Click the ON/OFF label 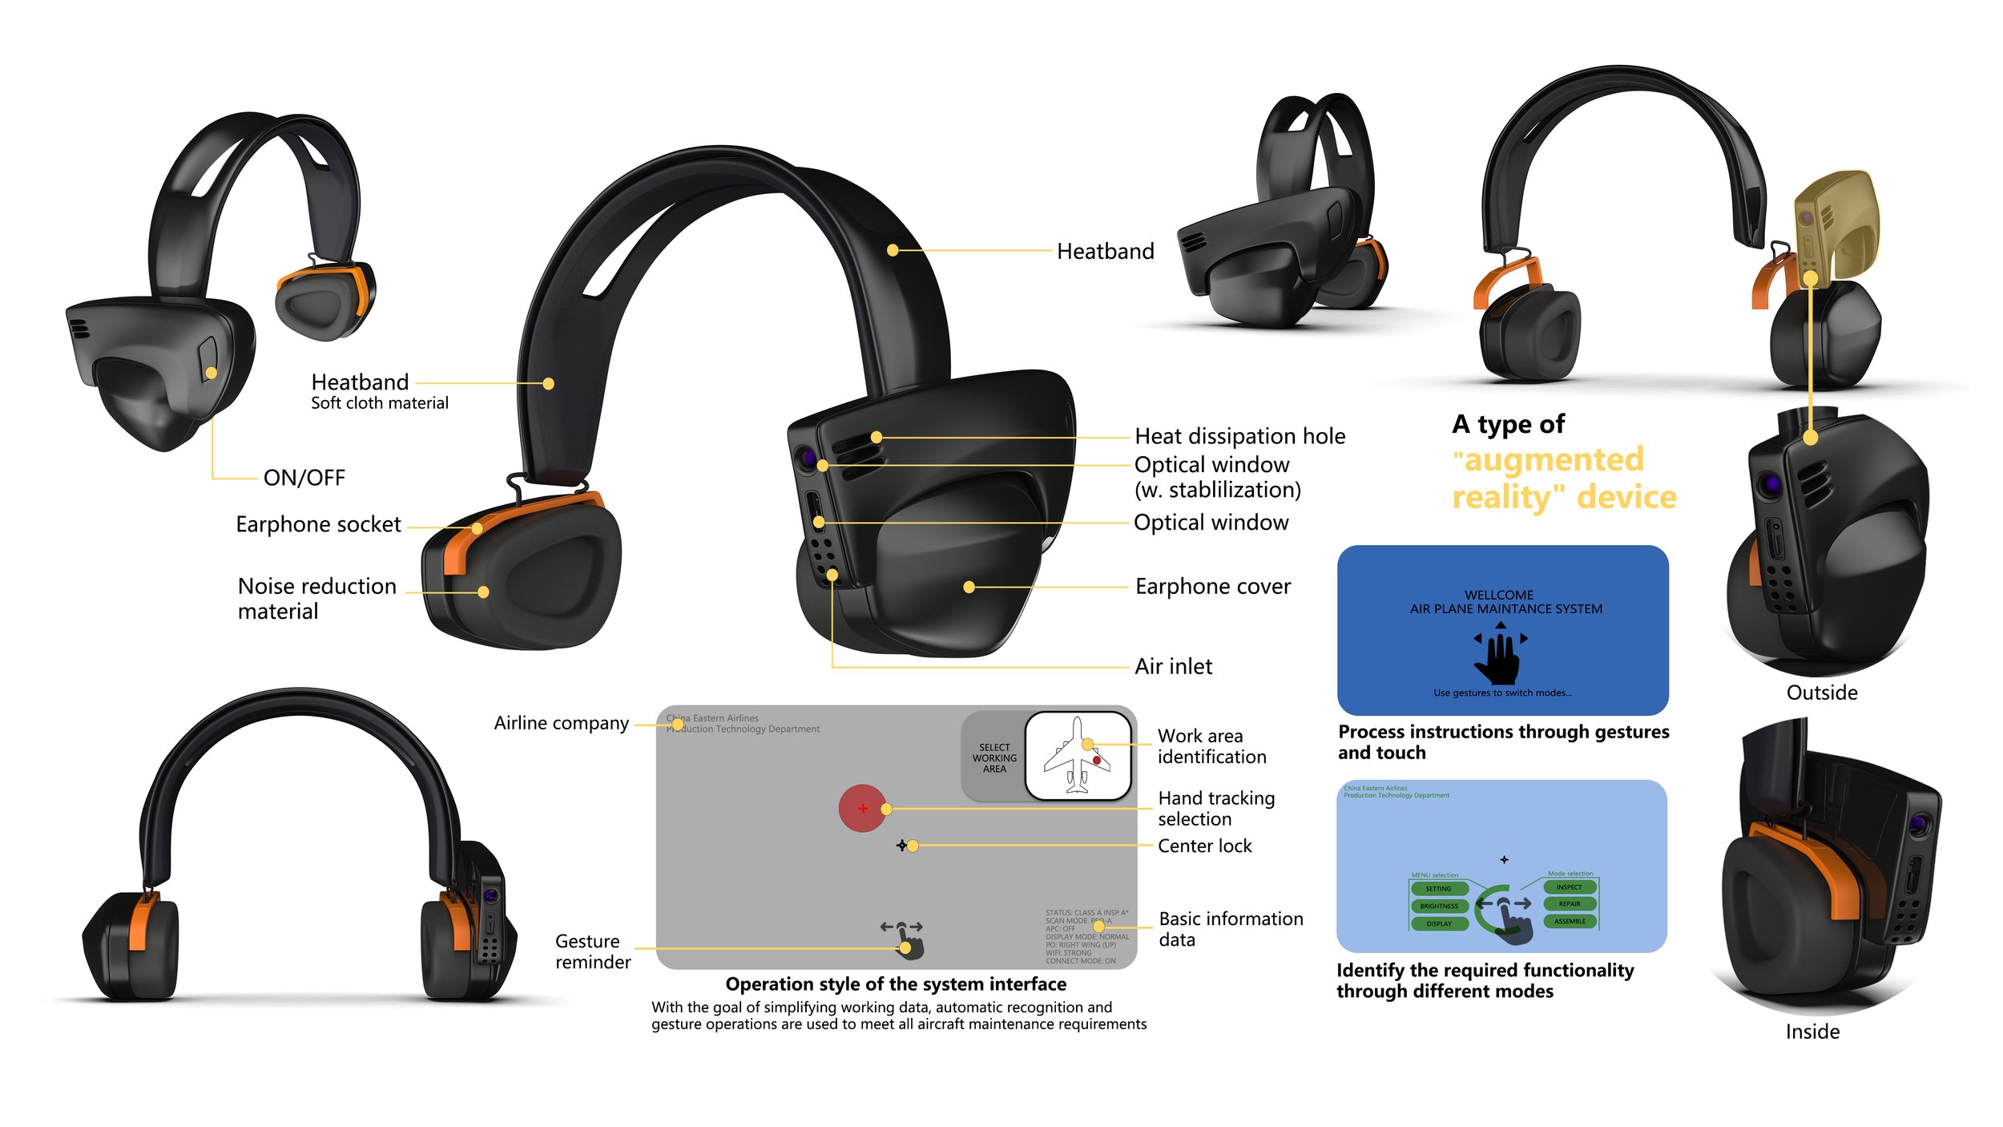[x=304, y=478]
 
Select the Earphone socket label [x=318, y=524]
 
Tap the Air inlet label [x=1173, y=666]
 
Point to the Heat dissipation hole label [x=1239, y=436]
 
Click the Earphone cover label [x=1212, y=587]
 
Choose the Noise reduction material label [x=316, y=598]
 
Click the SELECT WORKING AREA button [x=993, y=757]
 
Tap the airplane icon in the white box [x=1077, y=756]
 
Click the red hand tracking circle [x=862, y=808]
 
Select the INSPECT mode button [x=1569, y=887]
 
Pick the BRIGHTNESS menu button [x=1439, y=906]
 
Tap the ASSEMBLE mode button [x=1570, y=921]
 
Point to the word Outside [x=1821, y=693]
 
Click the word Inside [x=1812, y=1032]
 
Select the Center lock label [x=1204, y=846]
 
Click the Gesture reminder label [x=592, y=951]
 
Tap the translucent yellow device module [x=1836, y=224]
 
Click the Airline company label [x=561, y=723]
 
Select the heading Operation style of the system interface [x=896, y=984]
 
